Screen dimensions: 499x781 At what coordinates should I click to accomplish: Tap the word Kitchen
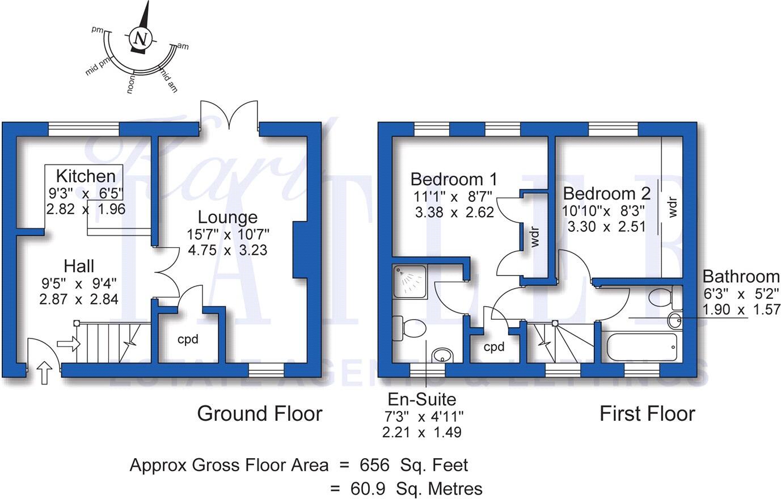pyautogui.click(x=85, y=176)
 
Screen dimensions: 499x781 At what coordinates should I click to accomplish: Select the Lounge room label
pyautogui.click(x=227, y=217)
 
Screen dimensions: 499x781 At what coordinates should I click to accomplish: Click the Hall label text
pyautogui.click(x=79, y=265)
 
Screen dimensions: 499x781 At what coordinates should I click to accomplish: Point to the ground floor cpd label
pyautogui.click(x=188, y=340)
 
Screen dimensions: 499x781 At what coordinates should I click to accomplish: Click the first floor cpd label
pyautogui.click(x=493, y=347)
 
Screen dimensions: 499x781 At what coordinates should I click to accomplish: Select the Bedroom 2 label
pyautogui.click(x=606, y=193)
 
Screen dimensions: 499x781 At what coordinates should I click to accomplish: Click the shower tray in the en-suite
pyautogui.click(x=410, y=282)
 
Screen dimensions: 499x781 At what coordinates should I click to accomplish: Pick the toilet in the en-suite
pyautogui.click(x=410, y=328)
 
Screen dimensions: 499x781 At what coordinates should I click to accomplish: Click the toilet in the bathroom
pyautogui.click(x=661, y=296)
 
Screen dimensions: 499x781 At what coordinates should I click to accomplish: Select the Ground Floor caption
pyautogui.click(x=259, y=414)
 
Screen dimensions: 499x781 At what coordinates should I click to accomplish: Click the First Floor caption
pyautogui.click(x=647, y=414)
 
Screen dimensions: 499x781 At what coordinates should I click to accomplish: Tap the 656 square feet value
pyautogui.click(x=374, y=466)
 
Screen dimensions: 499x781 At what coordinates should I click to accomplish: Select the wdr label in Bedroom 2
pyautogui.click(x=673, y=207)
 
